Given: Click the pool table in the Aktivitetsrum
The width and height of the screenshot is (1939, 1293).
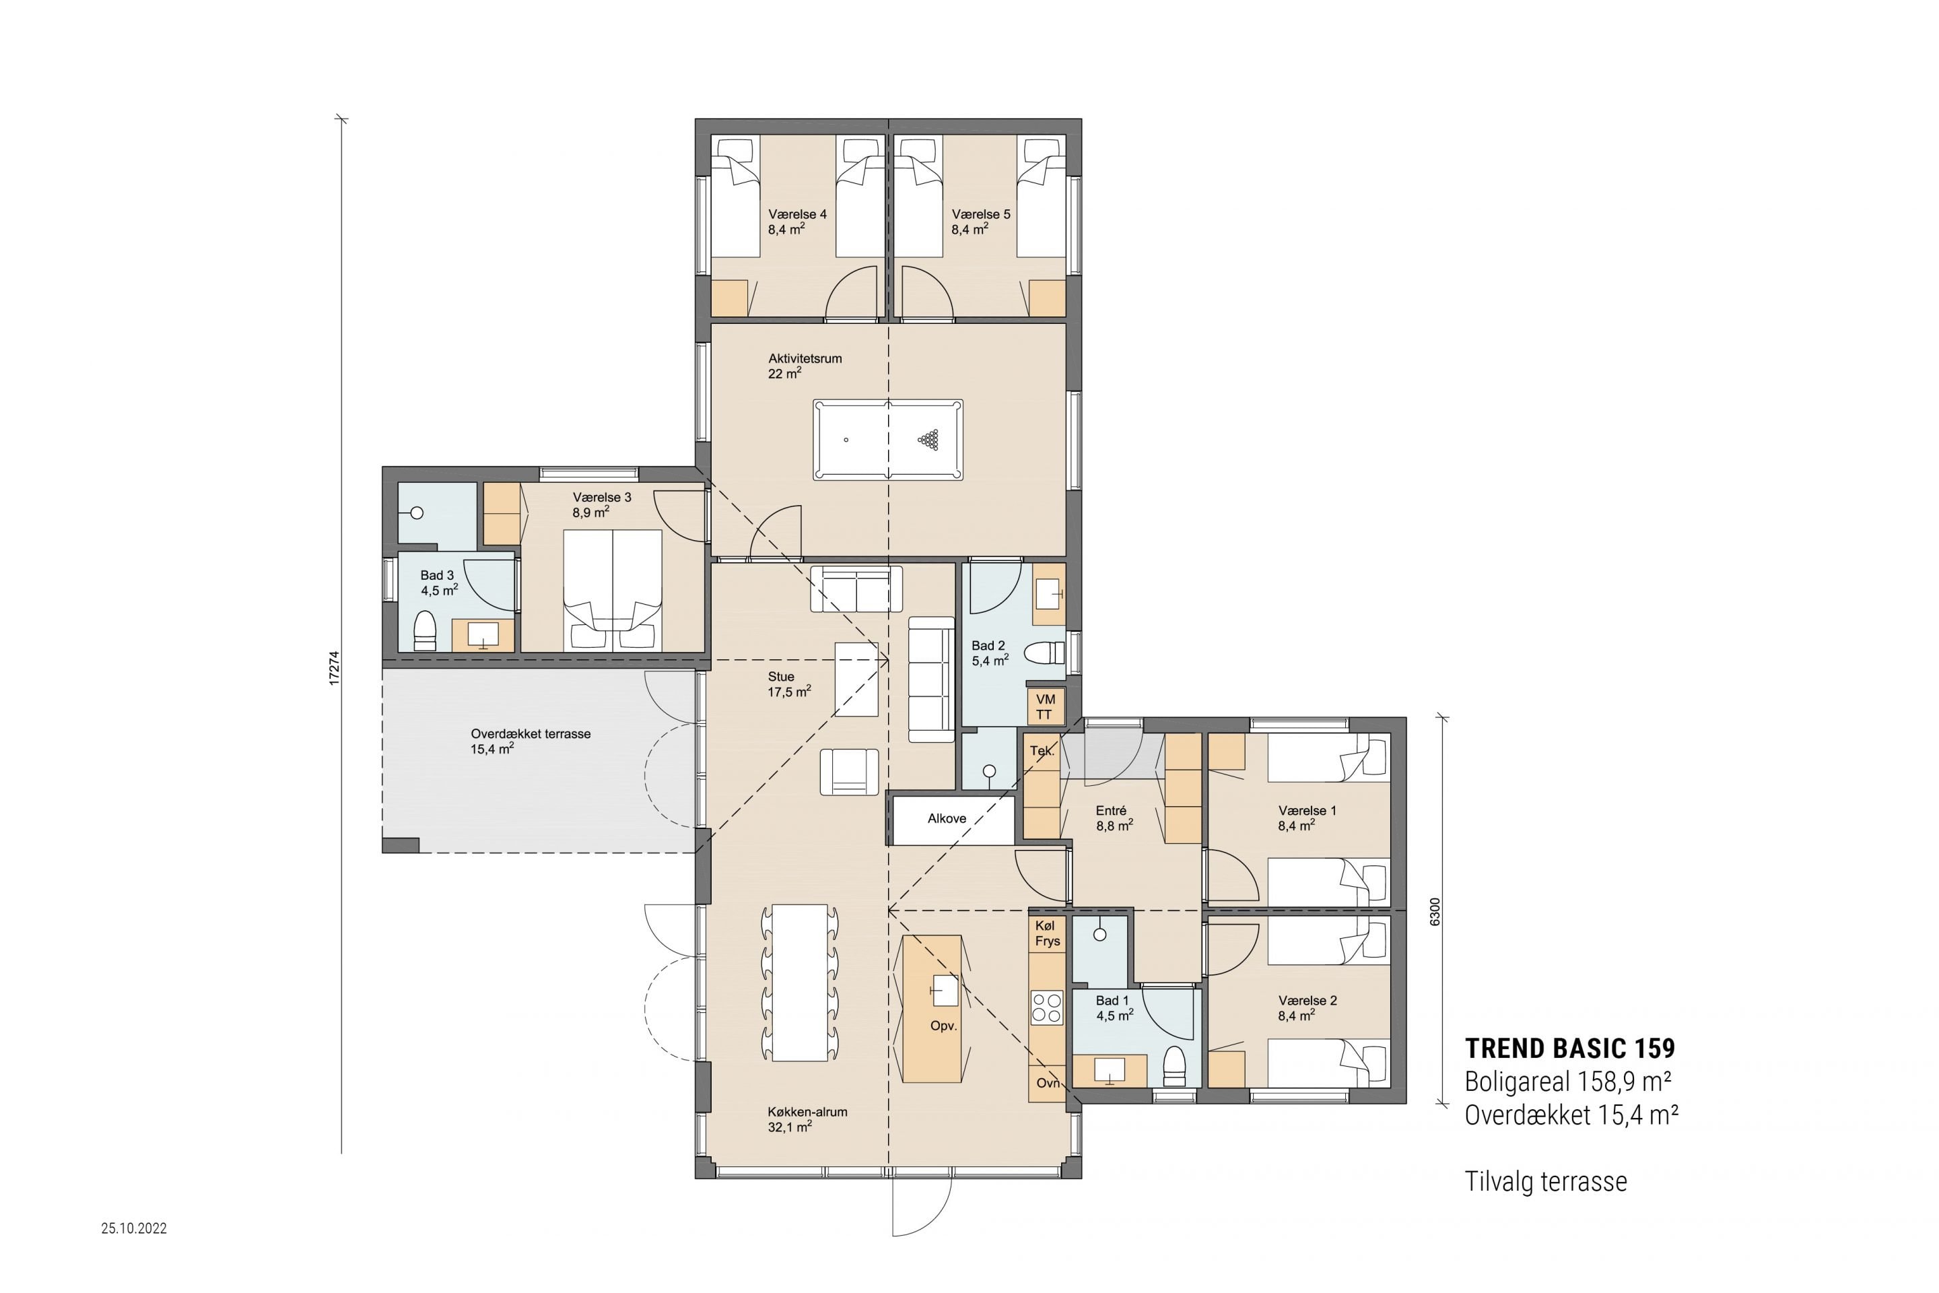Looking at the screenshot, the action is point(888,440).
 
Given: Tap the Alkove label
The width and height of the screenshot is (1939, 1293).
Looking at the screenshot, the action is point(947,819).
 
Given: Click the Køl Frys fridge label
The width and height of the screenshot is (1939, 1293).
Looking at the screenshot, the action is point(1047,933).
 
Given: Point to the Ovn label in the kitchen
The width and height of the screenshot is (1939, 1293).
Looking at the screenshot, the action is point(1048,1083).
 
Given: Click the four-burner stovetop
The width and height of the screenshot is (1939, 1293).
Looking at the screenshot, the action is point(1047,1007).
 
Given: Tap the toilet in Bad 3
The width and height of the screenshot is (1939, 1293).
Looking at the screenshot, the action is point(425,631).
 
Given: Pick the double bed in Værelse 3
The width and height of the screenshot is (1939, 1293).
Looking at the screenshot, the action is point(613,591).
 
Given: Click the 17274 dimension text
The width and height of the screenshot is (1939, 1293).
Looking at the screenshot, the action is point(334,668).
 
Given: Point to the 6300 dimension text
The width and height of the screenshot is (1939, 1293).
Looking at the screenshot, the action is point(1435,912).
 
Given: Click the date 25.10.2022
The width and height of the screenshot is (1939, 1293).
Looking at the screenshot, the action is point(135,1228).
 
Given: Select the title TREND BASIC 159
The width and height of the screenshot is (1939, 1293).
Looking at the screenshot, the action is point(1569,1048).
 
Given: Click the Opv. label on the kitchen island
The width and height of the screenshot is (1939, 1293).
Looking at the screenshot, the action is point(943,1026).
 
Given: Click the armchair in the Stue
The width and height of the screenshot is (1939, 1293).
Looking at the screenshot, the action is point(850,772).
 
